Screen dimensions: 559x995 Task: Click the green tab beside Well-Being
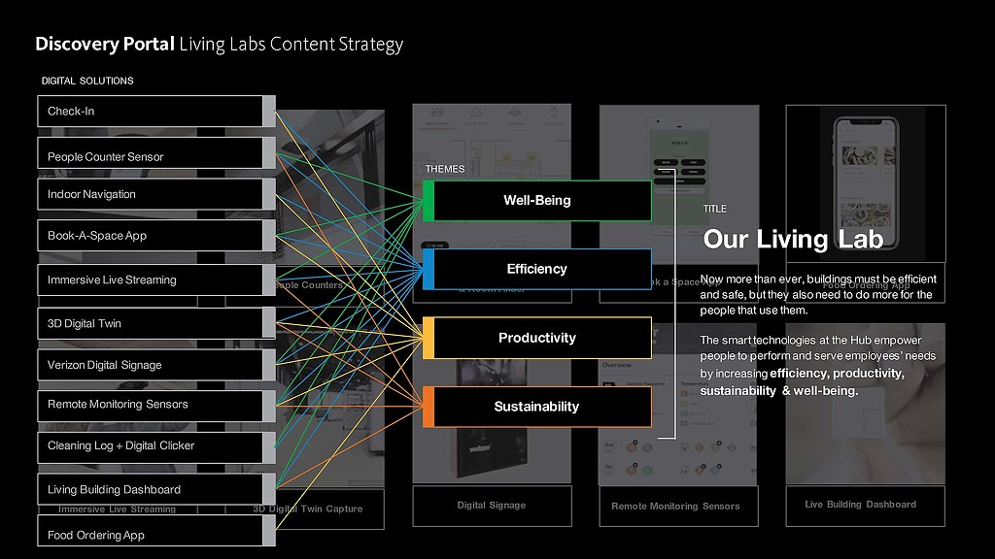point(429,201)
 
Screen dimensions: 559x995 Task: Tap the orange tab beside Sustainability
point(429,407)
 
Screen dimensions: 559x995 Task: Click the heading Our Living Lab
point(793,239)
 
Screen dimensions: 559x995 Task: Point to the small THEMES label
point(445,169)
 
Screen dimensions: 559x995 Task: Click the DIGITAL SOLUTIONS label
point(87,81)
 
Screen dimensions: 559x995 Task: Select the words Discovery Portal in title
point(105,44)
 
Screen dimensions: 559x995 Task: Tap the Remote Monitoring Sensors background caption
point(675,506)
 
